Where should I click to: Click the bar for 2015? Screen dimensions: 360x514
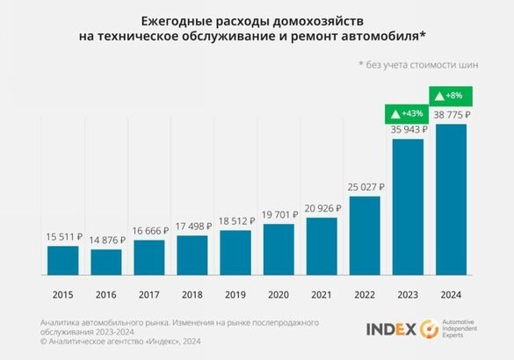[62, 260]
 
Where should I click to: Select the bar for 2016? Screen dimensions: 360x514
[106, 262]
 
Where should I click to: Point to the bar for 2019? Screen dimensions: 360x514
[235, 252]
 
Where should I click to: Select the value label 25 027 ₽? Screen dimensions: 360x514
[364, 187]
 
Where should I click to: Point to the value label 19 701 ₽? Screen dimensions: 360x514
[278, 215]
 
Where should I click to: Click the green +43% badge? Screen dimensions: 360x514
[407, 113]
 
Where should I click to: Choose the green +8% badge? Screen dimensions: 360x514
[450, 95]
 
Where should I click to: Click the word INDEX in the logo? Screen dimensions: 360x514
[392, 329]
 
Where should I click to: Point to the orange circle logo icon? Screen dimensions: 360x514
[430, 329]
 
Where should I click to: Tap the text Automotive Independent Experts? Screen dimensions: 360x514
[467, 329]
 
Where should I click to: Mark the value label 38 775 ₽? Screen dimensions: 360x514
[450, 114]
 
